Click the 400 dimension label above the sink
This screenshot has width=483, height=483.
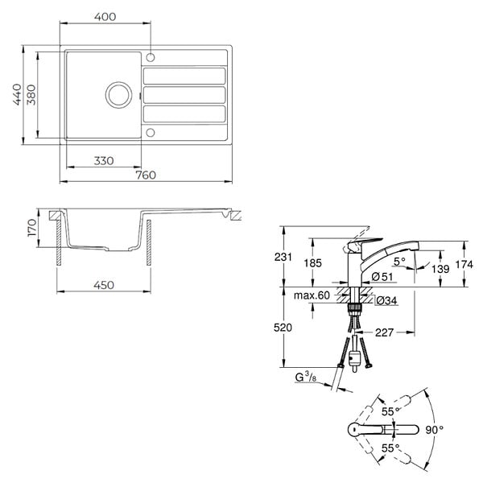tap(105, 17)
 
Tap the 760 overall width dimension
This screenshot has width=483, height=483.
tap(146, 175)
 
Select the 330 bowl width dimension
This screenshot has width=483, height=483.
tap(104, 161)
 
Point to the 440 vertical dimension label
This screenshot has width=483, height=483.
tap(17, 94)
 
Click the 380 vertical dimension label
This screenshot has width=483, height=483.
tap(31, 94)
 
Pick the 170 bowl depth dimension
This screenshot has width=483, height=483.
tap(31, 228)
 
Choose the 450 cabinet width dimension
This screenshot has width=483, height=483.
tap(104, 285)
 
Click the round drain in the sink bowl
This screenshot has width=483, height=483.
tap(118, 95)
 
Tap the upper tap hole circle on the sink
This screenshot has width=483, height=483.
tap(151, 57)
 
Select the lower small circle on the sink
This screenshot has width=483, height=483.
tap(151, 133)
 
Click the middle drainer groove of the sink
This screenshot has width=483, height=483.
tap(184, 95)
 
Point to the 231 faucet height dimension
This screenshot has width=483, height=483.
tap(283, 257)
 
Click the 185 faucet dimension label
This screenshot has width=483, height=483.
tap(312, 263)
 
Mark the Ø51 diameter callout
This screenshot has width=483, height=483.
tap(382, 277)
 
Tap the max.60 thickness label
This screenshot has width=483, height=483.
tap(312, 295)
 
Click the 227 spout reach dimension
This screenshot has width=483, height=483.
tap(384, 332)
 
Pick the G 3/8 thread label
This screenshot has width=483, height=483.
tap(306, 377)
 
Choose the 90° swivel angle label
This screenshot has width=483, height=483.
tap(435, 430)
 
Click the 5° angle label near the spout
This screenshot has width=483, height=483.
tap(399, 262)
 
